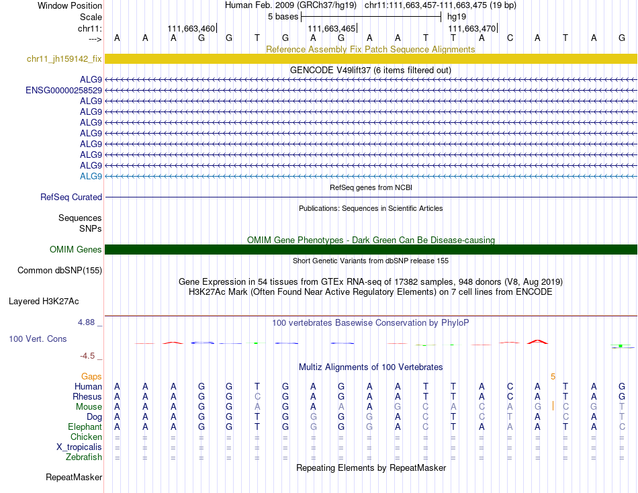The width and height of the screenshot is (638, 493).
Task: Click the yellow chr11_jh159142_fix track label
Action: pyautogui.click(x=64, y=59)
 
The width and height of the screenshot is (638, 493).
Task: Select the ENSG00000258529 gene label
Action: pyautogui.click(x=64, y=90)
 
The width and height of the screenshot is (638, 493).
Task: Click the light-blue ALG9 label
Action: pyautogui.click(x=91, y=176)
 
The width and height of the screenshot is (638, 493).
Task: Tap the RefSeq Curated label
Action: pyautogui.click(x=71, y=197)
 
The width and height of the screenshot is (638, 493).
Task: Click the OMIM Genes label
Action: pyautogui.click(x=76, y=250)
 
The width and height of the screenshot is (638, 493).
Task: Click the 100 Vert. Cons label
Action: pyautogui.click(x=38, y=339)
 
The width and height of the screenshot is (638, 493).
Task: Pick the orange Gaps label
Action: pyautogui.click(x=91, y=376)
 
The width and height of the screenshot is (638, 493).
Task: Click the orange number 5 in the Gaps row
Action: pyautogui.click(x=553, y=376)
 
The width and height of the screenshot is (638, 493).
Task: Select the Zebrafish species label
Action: pyautogui.click(x=83, y=457)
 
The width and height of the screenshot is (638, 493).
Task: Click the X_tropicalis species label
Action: pyautogui.click(x=79, y=447)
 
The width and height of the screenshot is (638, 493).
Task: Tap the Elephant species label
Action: pyautogui.click(x=85, y=427)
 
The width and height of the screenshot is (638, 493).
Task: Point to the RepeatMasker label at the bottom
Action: pyautogui.click(x=74, y=478)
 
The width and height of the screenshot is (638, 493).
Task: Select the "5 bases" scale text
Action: pyautogui.click(x=283, y=16)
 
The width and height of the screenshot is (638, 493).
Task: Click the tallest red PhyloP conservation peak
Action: pyautogui.click(x=537, y=341)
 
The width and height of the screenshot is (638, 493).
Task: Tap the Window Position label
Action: pyautogui.click(x=70, y=5)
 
